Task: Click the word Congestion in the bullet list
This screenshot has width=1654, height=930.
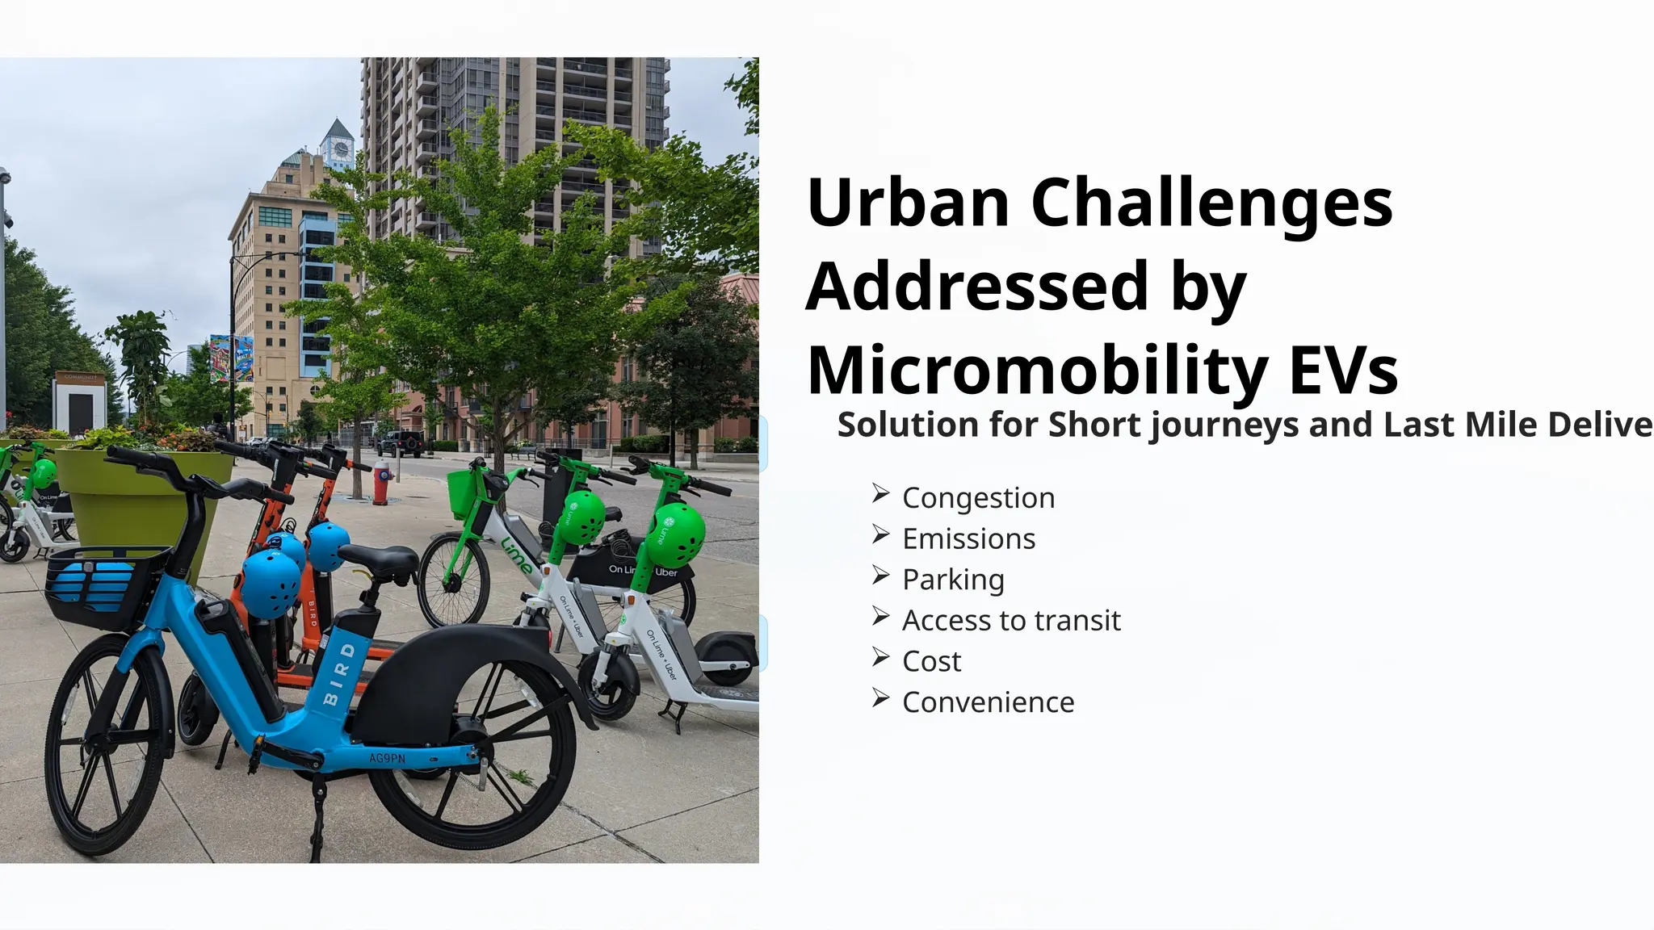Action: coord(978,498)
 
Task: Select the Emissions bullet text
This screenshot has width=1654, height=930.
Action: coord(968,539)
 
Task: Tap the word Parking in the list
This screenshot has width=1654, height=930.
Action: coord(953,580)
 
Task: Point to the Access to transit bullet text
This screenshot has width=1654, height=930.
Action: coord(1011,621)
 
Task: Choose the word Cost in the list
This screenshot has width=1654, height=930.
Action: coord(931,662)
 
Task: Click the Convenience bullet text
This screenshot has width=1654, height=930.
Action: coord(988,702)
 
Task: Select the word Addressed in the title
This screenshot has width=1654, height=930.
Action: coord(976,286)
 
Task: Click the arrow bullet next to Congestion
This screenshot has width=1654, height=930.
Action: coord(880,494)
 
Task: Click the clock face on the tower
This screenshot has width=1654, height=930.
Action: coord(340,149)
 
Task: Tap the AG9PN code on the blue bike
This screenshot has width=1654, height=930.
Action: coord(387,758)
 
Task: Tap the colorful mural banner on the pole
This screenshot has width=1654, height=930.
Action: coord(231,358)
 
